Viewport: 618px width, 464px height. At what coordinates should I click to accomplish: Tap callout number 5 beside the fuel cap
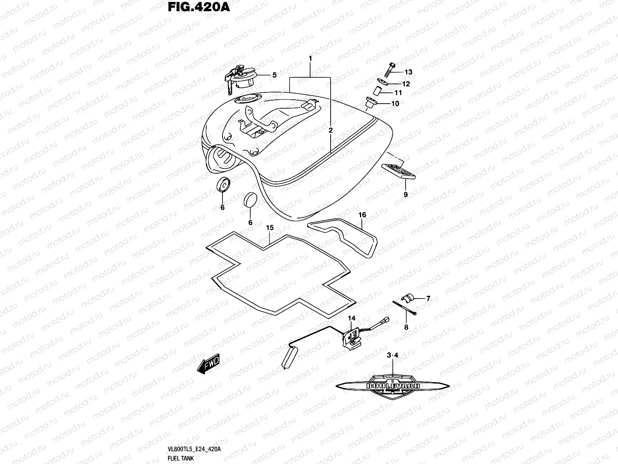(x=274, y=75)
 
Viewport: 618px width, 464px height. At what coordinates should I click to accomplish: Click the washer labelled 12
(x=383, y=82)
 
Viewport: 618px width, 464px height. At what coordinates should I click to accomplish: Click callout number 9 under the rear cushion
(x=406, y=195)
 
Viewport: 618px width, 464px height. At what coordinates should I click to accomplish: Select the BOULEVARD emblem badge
(x=393, y=386)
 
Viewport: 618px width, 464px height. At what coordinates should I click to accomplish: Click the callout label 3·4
(x=392, y=355)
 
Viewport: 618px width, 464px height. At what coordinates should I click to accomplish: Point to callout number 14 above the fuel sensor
(x=351, y=318)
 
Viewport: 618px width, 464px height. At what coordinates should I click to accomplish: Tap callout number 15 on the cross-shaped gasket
(x=270, y=228)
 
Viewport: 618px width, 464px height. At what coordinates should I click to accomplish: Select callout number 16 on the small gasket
(x=362, y=215)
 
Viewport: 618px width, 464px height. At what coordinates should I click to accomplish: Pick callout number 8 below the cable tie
(x=406, y=327)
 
